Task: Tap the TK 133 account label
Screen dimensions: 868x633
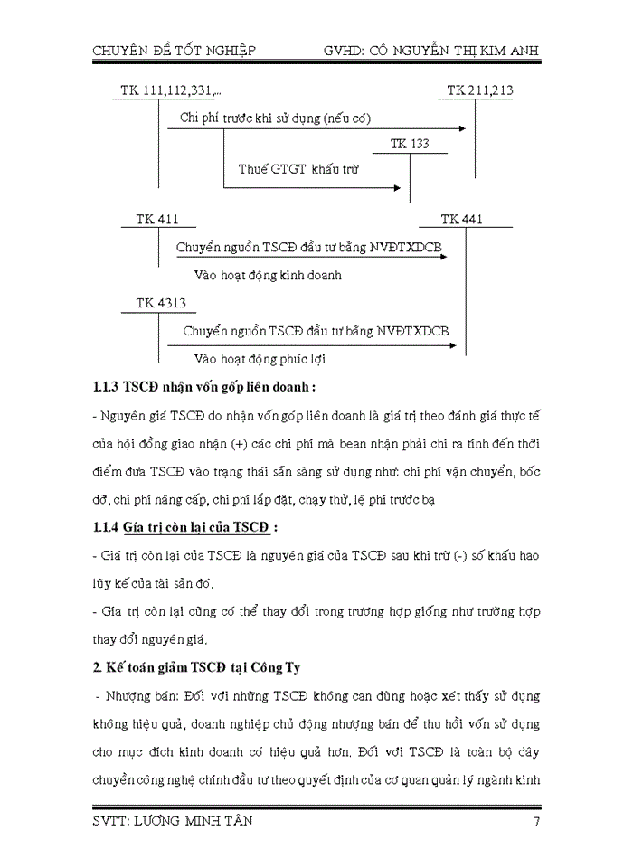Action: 410,144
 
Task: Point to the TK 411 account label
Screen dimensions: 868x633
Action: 157,220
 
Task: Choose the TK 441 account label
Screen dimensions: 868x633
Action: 462,220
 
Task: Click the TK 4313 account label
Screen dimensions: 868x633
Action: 161,304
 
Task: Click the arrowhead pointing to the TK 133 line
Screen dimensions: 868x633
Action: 396,188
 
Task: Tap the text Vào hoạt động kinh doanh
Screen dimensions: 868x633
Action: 269,275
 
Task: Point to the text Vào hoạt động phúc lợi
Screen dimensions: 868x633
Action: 260,358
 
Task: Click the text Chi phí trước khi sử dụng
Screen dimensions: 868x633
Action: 242,118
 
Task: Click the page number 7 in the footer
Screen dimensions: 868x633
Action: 536,821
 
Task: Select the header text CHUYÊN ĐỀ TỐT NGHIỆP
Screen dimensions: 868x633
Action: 175,51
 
